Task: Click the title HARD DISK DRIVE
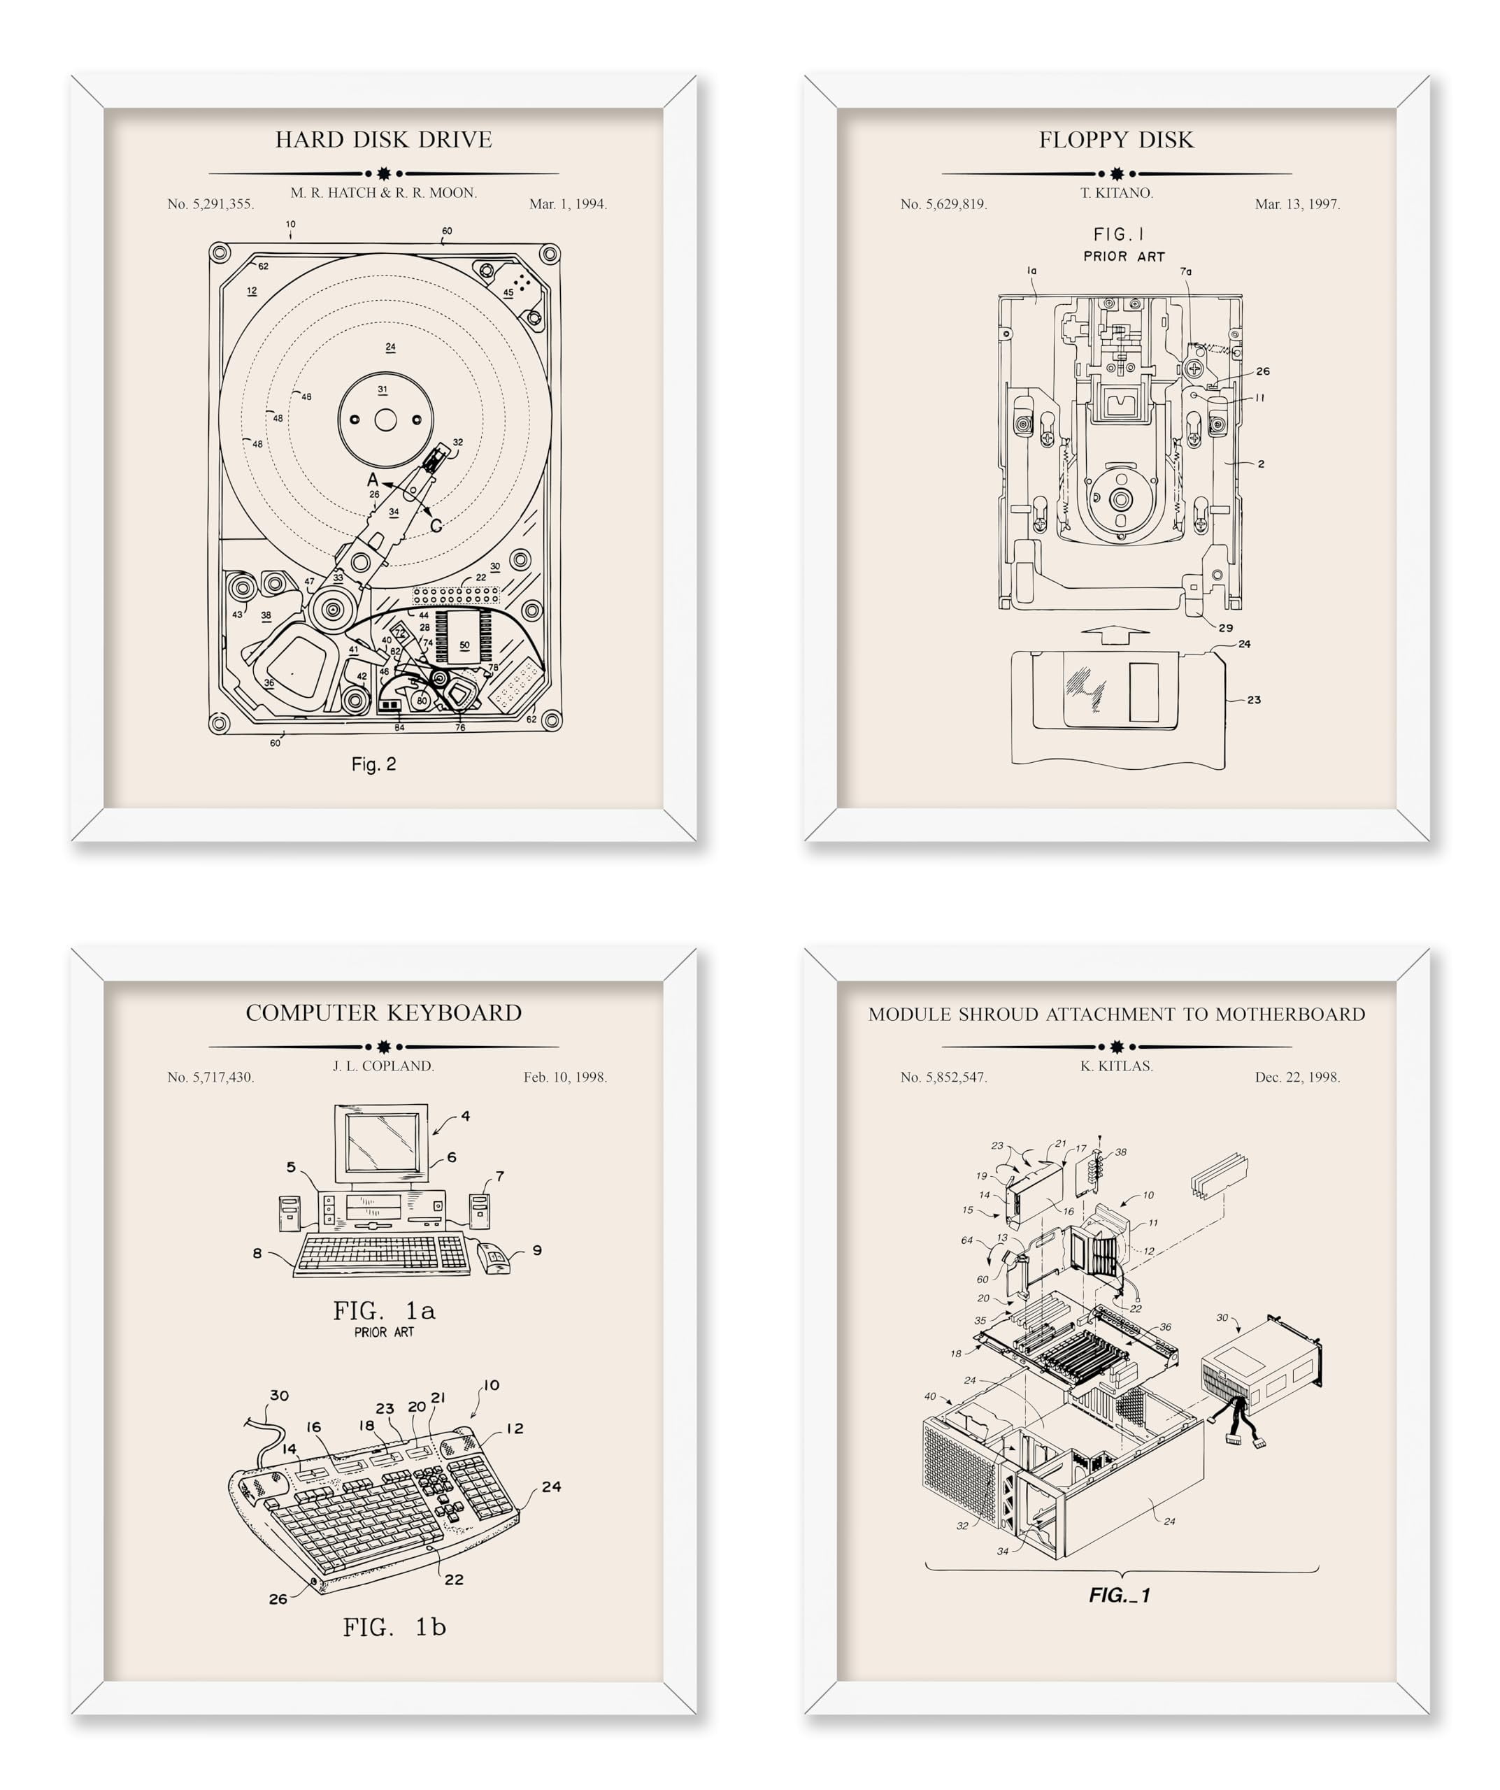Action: pyautogui.click(x=383, y=139)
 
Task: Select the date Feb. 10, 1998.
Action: pyautogui.click(x=564, y=1077)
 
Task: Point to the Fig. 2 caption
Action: pyautogui.click(x=373, y=764)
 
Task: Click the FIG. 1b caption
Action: pyautogui.click(x=394, y=1627)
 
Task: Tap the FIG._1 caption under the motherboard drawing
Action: pyautogui.click(x=1119, y=1595)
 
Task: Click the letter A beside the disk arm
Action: pyautogui.click(x=373, y=480)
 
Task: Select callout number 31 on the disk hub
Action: pyautogui.click(x=383, y=389)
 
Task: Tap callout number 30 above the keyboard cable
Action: pyautogui.click(x=280, y=1396)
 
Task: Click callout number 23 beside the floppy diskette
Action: pyautogui.click(x=1253, y=700)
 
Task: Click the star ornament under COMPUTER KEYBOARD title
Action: pyautogui.click(x=383, y=1046)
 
